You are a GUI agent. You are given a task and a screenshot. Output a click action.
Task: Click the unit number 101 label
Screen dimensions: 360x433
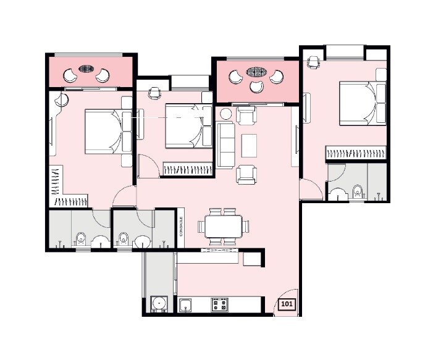click(287, 304)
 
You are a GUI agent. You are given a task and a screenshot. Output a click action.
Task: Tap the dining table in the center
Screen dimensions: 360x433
click(224, 227)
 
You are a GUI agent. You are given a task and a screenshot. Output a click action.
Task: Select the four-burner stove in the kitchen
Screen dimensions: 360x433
click(220, 304)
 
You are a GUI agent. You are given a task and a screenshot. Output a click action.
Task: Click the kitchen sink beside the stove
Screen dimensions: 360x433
click(186, 304)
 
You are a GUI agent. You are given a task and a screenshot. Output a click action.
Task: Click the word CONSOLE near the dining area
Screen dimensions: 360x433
click(181, 227)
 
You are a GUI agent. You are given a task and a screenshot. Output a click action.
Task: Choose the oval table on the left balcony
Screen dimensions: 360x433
click(86, 70)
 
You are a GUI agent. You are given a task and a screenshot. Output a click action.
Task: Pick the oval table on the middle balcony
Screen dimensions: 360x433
click(255, 72)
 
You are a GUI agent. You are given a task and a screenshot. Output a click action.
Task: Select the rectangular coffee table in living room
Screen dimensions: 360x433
click(249, 146)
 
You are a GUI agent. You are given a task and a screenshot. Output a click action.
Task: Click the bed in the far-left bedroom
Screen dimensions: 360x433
click(103, 131)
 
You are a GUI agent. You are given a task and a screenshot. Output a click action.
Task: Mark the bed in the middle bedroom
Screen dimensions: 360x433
click(187, 125)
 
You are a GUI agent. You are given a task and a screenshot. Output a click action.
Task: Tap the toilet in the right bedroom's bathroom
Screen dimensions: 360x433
click(356, 190)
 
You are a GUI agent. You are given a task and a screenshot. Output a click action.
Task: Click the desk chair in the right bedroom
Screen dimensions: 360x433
click(313, 62)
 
